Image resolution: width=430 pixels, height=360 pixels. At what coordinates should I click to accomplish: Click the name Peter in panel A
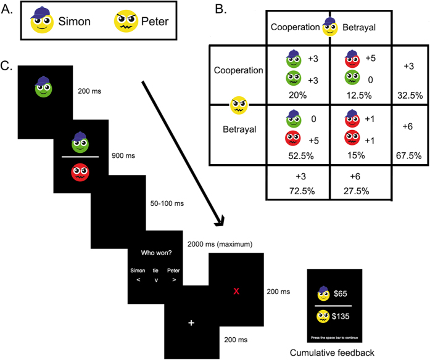pyautogui.click(x=154, y=23)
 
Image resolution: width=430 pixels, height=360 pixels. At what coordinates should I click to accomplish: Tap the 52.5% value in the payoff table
pyautogui.click(x=298, y=157)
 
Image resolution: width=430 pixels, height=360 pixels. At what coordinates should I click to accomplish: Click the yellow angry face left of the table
pyautogui.click(x=239, y=105)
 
